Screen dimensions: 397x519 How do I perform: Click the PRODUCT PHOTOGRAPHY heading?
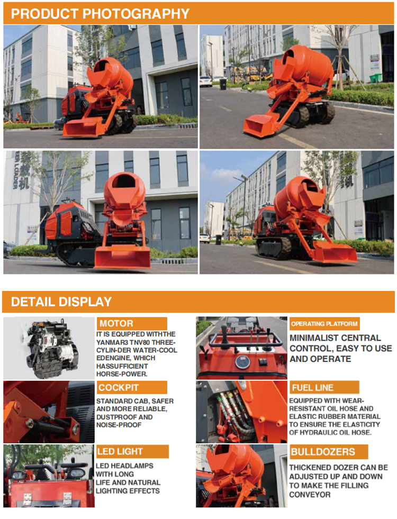coord(100,14)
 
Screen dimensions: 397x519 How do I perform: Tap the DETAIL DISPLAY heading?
coord(61,302)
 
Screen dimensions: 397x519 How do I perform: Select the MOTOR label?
coord(116,323)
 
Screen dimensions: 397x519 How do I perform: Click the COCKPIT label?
coord(119,388)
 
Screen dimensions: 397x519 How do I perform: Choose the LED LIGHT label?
coord(120,451)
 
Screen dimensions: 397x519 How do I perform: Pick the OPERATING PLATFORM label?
coord(324,324)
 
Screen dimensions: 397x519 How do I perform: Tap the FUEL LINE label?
coord(312,388)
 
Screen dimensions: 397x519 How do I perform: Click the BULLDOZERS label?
coord(323,452)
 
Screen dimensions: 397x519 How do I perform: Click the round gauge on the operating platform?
coord(242,362)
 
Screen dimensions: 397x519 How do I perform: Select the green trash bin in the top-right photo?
coord(375,78)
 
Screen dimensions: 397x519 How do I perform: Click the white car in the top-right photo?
coord(205,81)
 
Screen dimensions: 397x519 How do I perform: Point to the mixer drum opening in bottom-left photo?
coord(123,181)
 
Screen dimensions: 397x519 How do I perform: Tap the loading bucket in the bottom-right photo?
coord(335,252)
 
